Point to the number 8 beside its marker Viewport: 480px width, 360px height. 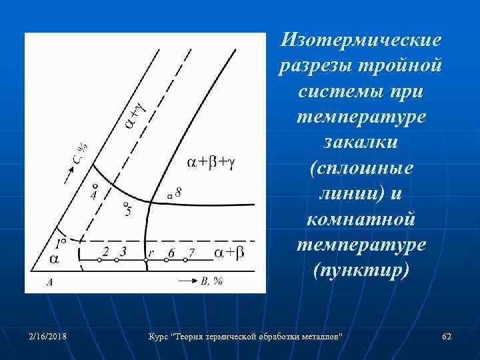(x=178, y=192)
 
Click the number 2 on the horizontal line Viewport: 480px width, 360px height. (x=105, y=251)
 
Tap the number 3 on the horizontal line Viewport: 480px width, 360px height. (x=123, y=251)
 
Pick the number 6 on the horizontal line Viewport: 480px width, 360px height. (x=171, y=252)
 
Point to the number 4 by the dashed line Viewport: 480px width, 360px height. (x=93, y=195)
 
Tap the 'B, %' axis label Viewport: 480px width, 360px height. (x=211, y=281)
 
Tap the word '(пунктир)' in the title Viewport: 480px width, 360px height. (x=361, y=273)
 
